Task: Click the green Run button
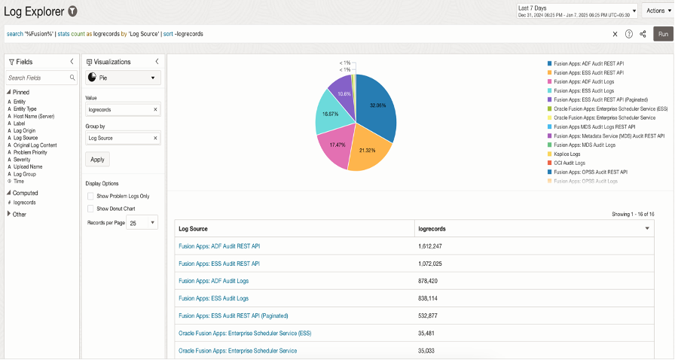[x=663, y=34]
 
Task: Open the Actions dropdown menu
[x=655, y=11]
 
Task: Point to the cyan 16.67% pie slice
[x=331, y=113]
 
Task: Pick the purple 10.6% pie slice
[x=344, y=89]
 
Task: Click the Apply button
[x=97, y=160]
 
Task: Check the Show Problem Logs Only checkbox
[x=90, y=196]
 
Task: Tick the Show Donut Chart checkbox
[x=90, y=209]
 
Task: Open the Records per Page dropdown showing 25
[x=142, y=223]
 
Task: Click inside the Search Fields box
[x=38, y=78]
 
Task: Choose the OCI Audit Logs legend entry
[x=570, y=163]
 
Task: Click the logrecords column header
[x=434, y=228]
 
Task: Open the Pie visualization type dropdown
[x=123, y=78]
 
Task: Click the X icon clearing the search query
[x=615, y=34]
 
